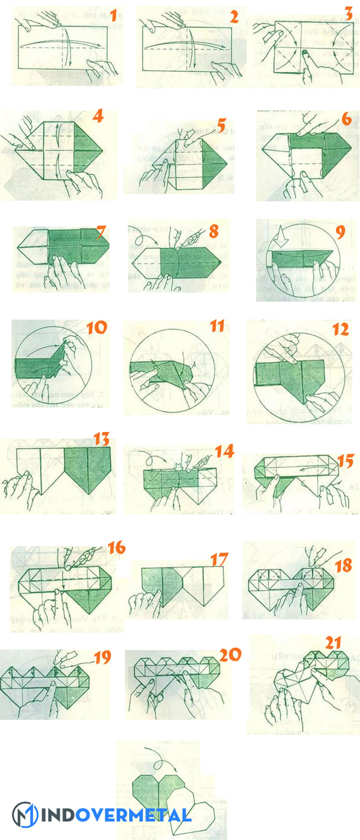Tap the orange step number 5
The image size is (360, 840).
pos(221,126)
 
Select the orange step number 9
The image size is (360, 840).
pos(341,232)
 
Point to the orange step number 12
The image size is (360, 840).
pos(341,329)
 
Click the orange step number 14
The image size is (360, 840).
pos(224,451)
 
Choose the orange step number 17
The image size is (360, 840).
pos(219,559)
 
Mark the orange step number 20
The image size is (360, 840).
pos(230,655)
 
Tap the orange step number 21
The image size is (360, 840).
pos(333,642)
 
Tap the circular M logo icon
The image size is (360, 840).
pos(25,814)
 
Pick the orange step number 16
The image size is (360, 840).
pos(116,548)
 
